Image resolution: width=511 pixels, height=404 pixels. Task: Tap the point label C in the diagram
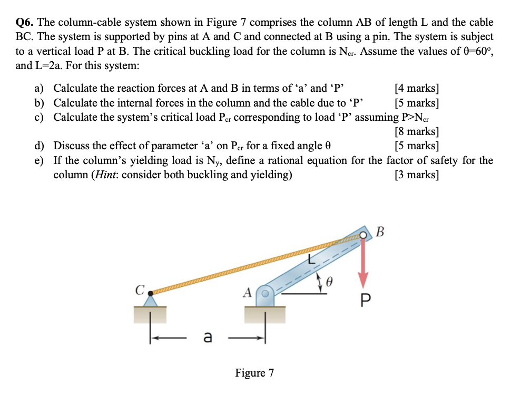[140, 290]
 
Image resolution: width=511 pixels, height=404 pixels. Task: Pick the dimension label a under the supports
[208, 336]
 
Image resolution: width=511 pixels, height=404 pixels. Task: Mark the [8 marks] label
[417, 131]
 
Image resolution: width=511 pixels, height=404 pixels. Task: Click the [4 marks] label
[417, 88]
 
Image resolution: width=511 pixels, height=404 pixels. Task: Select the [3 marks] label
[417, 175]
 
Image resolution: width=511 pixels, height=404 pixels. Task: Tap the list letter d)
[40, 146]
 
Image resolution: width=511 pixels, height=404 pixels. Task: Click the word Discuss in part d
[71, 146]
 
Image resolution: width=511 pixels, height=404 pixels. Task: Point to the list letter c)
[40, 117]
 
